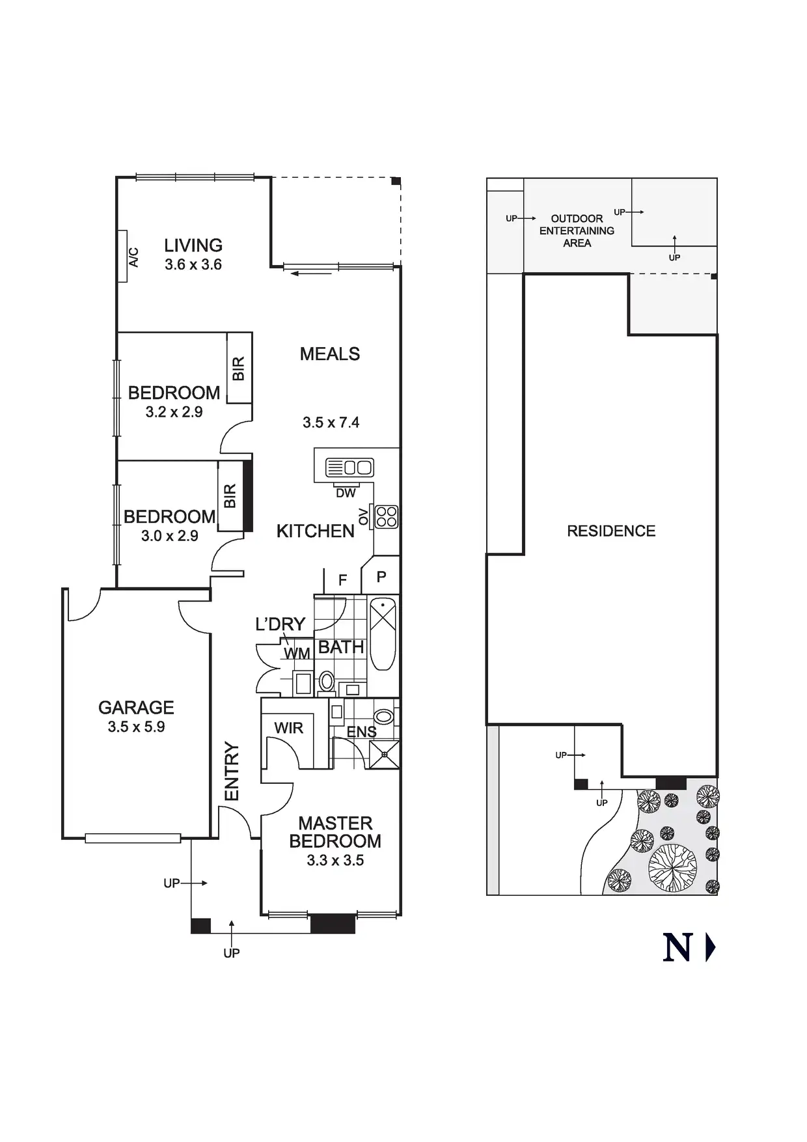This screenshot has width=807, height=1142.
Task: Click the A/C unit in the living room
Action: [x=122, y=257]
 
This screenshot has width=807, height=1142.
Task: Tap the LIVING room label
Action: [x=193, y=245]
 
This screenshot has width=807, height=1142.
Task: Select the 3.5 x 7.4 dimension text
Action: [x=331, y=423]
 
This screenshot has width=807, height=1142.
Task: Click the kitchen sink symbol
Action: [x=349, y=467]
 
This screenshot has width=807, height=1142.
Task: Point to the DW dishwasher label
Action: [x=346, y=494]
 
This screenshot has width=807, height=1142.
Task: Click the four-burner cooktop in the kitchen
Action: [x=387, y=516]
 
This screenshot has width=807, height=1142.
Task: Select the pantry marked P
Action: [x=381, y=576]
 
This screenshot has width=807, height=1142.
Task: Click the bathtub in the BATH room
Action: [x=383, y=633]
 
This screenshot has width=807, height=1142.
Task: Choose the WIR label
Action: [x=288, y=728]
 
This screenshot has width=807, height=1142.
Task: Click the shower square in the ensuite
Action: [x=384, y=754]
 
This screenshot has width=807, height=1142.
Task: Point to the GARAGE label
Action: [x=136, y=707]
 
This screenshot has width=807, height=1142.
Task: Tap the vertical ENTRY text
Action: [x=232, y=772]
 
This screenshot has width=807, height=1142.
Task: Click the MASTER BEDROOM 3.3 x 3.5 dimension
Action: [x=335, y=860]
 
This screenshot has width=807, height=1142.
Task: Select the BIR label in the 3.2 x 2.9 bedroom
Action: [x=239, y=369]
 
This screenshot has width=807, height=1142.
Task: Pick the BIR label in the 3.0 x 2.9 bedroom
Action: [x=230, y=496]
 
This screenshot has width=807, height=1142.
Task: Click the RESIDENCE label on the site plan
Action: [x=611, y=531]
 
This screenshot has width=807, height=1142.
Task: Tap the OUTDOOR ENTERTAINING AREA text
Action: [x=577, y=230]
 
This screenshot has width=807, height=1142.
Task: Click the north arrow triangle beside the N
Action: [x=710, y=948]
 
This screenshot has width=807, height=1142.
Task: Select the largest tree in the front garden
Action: [x=672, y=867]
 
